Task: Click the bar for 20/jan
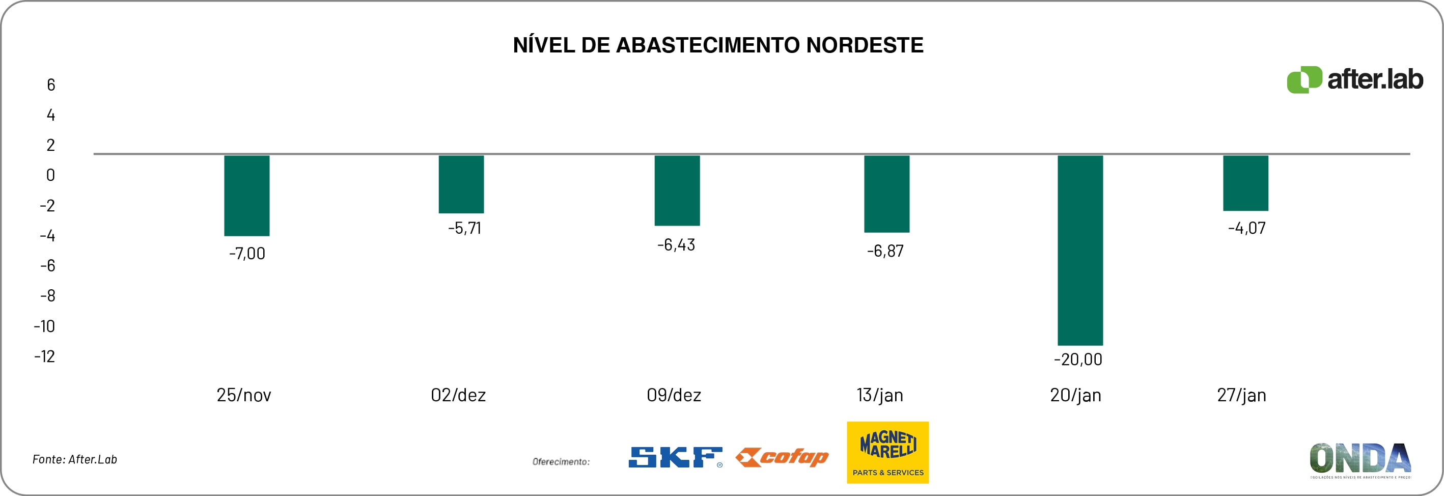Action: click(x=1079, y=250)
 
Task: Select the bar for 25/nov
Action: click(x=246, y=196)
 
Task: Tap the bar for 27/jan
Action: click(x=1245, y=183)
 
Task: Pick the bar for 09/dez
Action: click(x=677, y=190)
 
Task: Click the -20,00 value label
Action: click(x=1077, y=359)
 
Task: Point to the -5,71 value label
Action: click(x=464, y=228)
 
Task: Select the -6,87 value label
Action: click(x=885, y=251)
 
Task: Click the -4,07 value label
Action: click(x=1246, y=228)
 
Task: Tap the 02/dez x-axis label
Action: click(x=458, y=395)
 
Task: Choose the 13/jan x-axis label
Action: click(x=879, y=395)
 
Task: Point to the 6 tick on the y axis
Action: click(x=51, y=85)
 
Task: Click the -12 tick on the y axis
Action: click(x=45, y=356)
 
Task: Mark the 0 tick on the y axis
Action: click(x=50, y=175)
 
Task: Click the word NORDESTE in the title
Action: click(x=865, y=45)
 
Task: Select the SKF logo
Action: click(x=676, y=457)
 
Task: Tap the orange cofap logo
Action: click(x=782, y=457)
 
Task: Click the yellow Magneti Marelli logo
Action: click(x=887, y=452)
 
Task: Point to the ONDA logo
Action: click(x=1360, y=459)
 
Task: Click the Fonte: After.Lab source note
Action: click(x=74, y=459)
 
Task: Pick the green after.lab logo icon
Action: click(x=1303, y=80)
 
